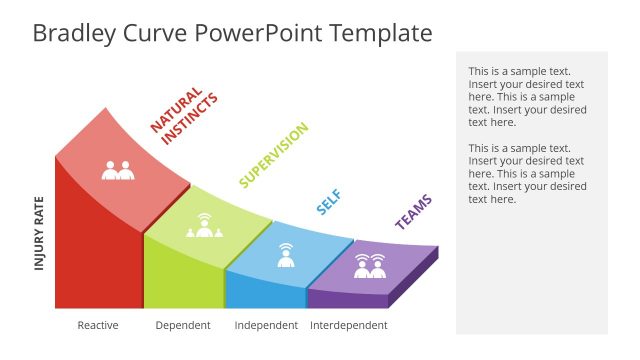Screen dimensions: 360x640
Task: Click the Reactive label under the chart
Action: (x=98, y=325)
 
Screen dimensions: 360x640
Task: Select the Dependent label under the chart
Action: (x=183, y=325)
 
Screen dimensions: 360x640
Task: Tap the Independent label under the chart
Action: (x=266, y=325)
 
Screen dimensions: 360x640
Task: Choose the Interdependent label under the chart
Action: (x=349, y=325)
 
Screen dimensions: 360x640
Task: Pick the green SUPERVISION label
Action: (x=273, y=155)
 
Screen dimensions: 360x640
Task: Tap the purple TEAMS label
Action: (x=414, y=212)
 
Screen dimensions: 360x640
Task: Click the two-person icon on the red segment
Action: (x=118, y=170)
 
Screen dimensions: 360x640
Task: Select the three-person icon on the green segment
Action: (x=204, y=227)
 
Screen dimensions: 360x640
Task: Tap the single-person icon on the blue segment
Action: (x=285, y=254)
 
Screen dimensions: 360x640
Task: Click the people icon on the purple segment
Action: (x=370, y=266)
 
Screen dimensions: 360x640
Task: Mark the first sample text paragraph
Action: (x=527, y=97)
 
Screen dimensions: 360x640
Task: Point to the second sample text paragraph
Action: (x=527, y=174)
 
